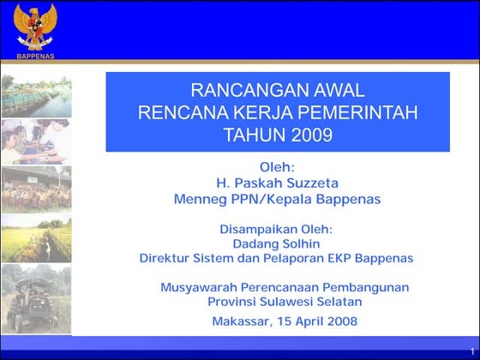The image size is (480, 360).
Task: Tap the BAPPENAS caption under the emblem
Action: pyautogui.click(x=35, y=56)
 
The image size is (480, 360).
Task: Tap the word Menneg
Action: pyautogui.click(x=200, y=199)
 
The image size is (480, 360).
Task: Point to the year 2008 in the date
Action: pyautogui.click(x=340, y=322)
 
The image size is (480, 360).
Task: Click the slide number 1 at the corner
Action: pyautogui.click(x=471, y=351)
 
